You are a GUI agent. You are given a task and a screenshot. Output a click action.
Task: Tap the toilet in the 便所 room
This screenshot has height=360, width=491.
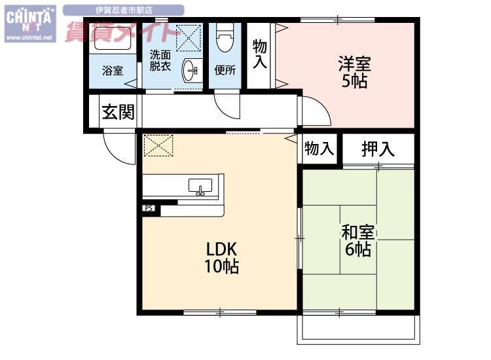pyautogui.click(x=225, y=38)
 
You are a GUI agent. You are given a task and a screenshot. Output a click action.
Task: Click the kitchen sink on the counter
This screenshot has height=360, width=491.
pyautogui.click(x=200, y=187)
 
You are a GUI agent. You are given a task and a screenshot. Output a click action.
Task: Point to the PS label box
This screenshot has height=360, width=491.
pyautogui.click(x=149, y=208)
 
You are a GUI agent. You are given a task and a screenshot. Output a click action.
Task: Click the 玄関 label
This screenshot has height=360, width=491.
pyautogui.click(x=118, y=112)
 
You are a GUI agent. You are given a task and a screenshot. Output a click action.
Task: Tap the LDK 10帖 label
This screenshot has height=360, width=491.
pyautogui.click(x=222, y=258)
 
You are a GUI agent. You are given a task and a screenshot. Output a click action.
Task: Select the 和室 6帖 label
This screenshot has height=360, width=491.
pyautogui.click(x=358, y=240)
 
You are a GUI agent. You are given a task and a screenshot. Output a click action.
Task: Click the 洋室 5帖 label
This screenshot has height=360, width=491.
pyautogui.click(x=355, y=72)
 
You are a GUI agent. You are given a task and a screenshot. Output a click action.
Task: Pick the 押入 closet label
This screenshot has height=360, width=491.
pyautogui.click(x=378, y=149)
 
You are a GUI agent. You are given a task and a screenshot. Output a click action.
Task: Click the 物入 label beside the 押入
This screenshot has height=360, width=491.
pyautogui.click(x=319, y=148)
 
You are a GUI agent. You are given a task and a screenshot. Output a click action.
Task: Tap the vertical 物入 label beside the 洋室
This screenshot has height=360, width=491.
pyautogui.click(x=260, y=54)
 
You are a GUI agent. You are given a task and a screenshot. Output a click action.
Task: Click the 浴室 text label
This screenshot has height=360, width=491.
pyautogui.click(x=113, y=71)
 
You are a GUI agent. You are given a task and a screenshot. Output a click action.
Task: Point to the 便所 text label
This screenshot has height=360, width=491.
pyautogui.click(x=225, y=70)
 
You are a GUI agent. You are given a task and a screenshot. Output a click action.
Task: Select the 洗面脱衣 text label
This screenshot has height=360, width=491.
pyautogui.click(x=160, y=60)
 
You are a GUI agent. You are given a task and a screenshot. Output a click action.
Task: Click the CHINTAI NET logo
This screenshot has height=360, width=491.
pyautogui.click(x=30, y=24)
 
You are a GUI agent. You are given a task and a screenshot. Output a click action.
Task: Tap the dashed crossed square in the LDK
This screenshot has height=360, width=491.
pyautogui.click(x=158, y=145)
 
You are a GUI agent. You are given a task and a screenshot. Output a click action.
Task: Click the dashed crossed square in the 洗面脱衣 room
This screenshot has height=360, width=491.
pyautogui.click(x=188, y=38)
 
